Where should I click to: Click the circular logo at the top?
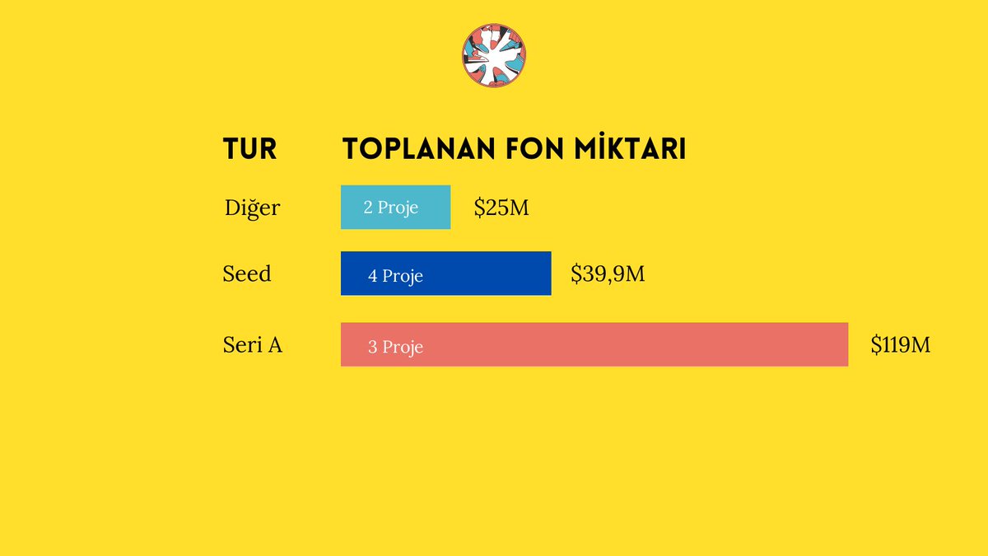tap(494, 56)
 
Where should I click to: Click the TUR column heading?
tap(249, 149)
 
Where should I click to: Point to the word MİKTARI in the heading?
tap(631, 149)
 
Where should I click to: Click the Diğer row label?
tap(252, 208)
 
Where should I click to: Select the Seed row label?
tap(247, 273)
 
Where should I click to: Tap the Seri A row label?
tap(253, 345)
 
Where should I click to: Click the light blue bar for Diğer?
tap(395, 207)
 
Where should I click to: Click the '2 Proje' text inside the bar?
tap(391, 208)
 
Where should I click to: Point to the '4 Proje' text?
tap(395, 276)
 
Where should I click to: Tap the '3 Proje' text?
tap(395, 348)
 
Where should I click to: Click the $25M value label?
tap(501, 208)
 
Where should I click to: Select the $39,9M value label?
tap(608, 273)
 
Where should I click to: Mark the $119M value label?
tap(900, 344)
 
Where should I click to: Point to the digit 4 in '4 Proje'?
tap(373, 276)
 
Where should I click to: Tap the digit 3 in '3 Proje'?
tap(373, 348)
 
